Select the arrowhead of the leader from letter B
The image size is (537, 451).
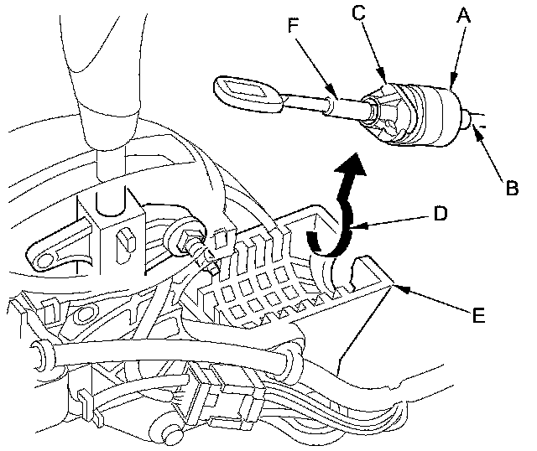[474, 125]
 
